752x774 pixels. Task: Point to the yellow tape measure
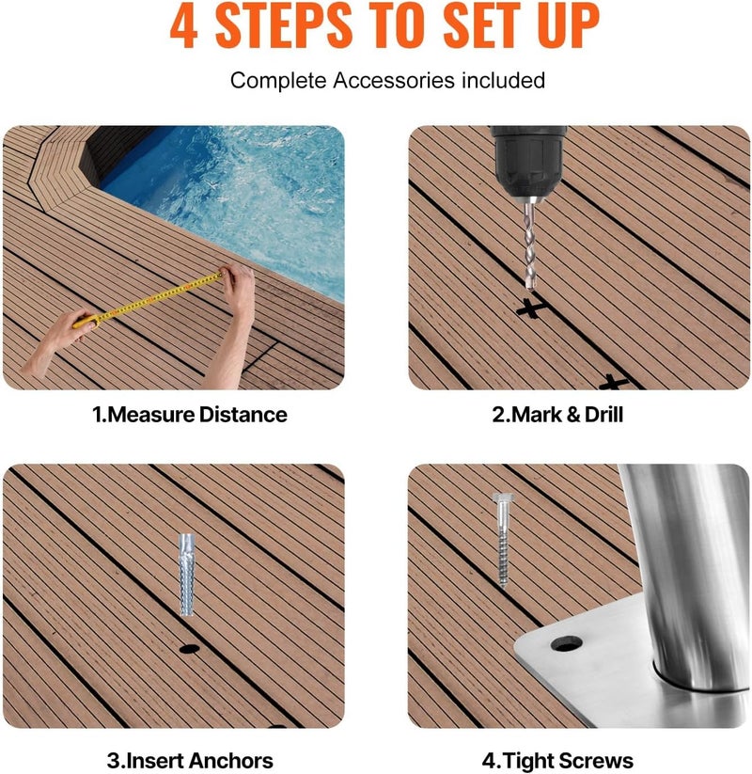pos(155,299)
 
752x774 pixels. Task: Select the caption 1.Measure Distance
pos(189,415)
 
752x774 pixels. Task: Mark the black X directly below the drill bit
pos(531,306)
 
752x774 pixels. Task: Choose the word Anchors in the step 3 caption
pos(230,761)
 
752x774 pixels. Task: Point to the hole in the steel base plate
pos(566,645)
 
